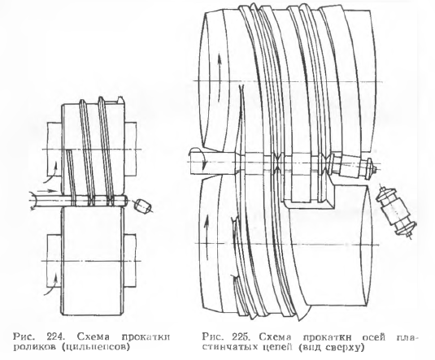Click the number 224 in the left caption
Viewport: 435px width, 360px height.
click(55, 337)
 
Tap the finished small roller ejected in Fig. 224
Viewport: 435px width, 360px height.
click(143, 206)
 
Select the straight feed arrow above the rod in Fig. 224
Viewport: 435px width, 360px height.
click(46, 191)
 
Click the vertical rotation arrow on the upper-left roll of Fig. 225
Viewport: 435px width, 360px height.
click(220, 77)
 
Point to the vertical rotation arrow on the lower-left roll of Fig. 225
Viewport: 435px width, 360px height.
click(207, 236)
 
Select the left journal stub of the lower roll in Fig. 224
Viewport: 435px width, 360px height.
click(54, 261)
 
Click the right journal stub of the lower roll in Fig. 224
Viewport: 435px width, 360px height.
click(130, 261)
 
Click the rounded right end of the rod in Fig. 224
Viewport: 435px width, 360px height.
click(125, 201)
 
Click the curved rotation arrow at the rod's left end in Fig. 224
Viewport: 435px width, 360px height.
click(33, 201)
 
